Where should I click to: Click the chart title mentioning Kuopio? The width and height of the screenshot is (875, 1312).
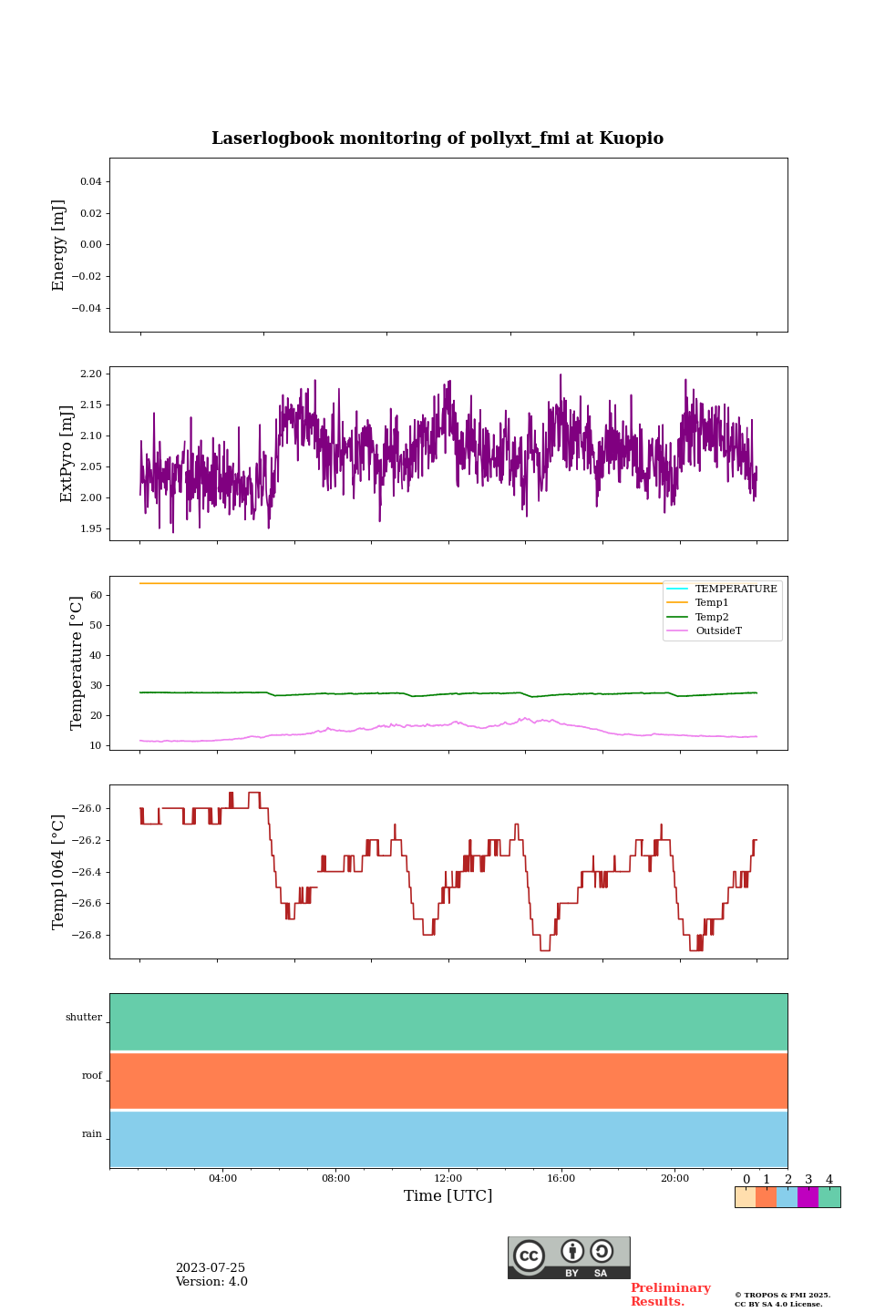pyautogui.click(x=437, y=138)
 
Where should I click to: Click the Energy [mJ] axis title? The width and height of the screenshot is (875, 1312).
pyautogui.click(x=59, y=245)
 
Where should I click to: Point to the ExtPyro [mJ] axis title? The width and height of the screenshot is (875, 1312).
pyautogui.click(x=67, y=454)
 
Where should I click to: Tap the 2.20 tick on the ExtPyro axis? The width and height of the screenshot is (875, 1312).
pyautogui.click(x=91, y=374)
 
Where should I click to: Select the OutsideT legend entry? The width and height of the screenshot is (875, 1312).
pyautogui.click(x=718, y=631)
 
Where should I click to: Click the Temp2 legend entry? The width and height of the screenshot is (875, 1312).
pyautogui.click(x=712, y=618)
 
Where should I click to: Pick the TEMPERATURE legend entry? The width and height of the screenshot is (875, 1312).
pyautogui.click(x=736, y=589)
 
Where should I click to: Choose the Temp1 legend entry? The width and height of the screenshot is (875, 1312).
pyautogui.click(x=712, y=603)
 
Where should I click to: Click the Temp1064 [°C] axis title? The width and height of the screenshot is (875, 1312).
pyautogui.click(x=59, y=872)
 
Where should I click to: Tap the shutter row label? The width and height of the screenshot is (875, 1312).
pyautogui.click(x=84, y=1018)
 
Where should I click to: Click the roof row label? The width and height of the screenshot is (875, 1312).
pyautogui.click(x=92, y=1076)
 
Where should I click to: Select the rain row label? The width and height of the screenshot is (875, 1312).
pyautogui.click(x=92, y=1134)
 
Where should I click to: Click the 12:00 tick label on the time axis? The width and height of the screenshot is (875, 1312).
pyautogui.click(x=448, y=1179)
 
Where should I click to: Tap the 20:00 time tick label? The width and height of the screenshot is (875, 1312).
pyautogui.click(x=674, y=1179)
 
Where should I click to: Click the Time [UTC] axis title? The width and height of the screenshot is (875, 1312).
pyautogui.click(x=448, y=1196)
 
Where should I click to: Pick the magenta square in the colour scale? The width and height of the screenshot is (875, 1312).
pyautogui.click(x=808, y=1197)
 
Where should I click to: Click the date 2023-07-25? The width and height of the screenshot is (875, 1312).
pyautogui.click(x=211, y=1268)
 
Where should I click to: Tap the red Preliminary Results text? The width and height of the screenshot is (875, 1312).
pyautogui.click(x=670, y=1295)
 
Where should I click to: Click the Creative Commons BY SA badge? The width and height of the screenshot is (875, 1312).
pyautogui.click(x=569, y=1257)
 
